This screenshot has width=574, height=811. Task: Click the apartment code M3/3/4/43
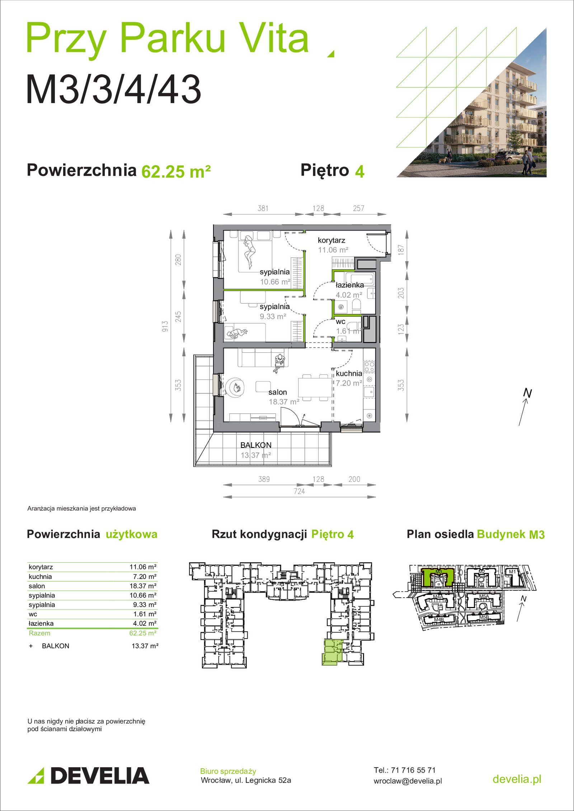[x=113, y=89]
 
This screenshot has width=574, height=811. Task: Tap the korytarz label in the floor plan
[x=331, y=240]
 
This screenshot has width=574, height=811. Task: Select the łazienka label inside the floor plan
[x=349, y=285]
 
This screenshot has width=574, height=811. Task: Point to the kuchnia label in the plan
[x=349, y=373]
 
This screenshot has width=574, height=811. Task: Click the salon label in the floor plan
[x=278, y=392]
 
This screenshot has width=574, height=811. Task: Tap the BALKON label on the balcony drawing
[x=256, y=445]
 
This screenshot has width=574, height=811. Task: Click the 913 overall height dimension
[x=165, y=326]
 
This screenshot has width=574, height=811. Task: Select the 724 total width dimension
[x=299, y=492]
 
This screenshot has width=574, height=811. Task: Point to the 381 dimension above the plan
[x=263, y=208]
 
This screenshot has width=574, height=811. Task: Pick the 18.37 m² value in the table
[x=143, y=586]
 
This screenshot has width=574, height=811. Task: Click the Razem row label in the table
[x=39, y=633]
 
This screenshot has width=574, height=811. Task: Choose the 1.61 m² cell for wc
[x=145, y=614]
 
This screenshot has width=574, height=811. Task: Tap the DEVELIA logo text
[x=100, y=776]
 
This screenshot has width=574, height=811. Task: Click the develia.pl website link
[x=517, y=779]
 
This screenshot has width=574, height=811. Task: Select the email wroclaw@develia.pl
[x=408, y=781]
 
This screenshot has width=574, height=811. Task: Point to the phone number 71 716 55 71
[x=413, y=770]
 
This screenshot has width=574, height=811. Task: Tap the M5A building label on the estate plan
[x=484, y=597]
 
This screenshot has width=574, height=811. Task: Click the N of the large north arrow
[x=527, y=393]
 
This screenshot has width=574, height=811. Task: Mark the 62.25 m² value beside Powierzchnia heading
[x=176, y=171]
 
